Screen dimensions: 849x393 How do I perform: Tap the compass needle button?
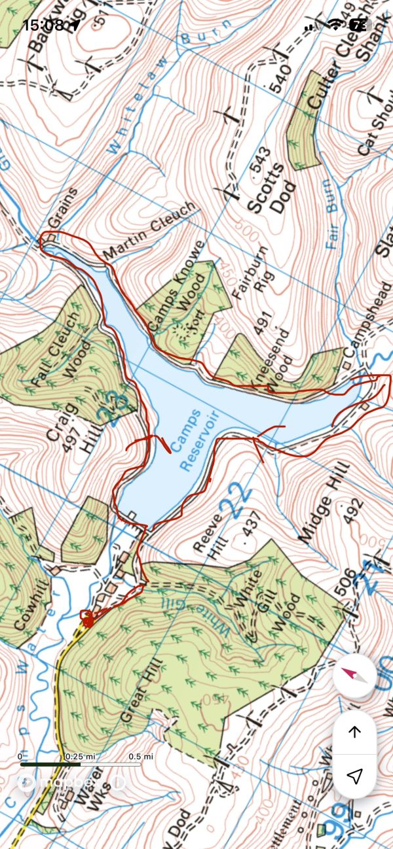coord(354,676)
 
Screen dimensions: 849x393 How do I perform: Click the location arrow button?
coord(354,776)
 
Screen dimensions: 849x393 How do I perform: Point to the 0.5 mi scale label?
coord(141,756)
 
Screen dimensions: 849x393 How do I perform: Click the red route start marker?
coord(86,618)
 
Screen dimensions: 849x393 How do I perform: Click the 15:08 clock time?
coord(43,25)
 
